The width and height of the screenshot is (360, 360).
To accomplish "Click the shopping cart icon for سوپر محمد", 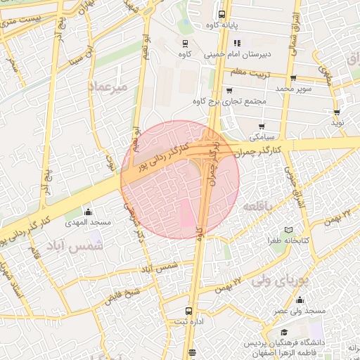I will (x=294, y=78).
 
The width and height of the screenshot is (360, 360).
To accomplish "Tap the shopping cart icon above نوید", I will (x=338, y=112).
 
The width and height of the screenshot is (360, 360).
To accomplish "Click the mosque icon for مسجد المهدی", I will (x=88, y=212).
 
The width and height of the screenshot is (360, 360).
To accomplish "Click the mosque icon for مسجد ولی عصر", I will (x=300, y=300).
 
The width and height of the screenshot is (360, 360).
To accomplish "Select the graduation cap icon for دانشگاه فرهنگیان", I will (x=283, y=333).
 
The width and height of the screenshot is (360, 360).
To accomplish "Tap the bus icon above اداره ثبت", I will (x=188, y=310).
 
